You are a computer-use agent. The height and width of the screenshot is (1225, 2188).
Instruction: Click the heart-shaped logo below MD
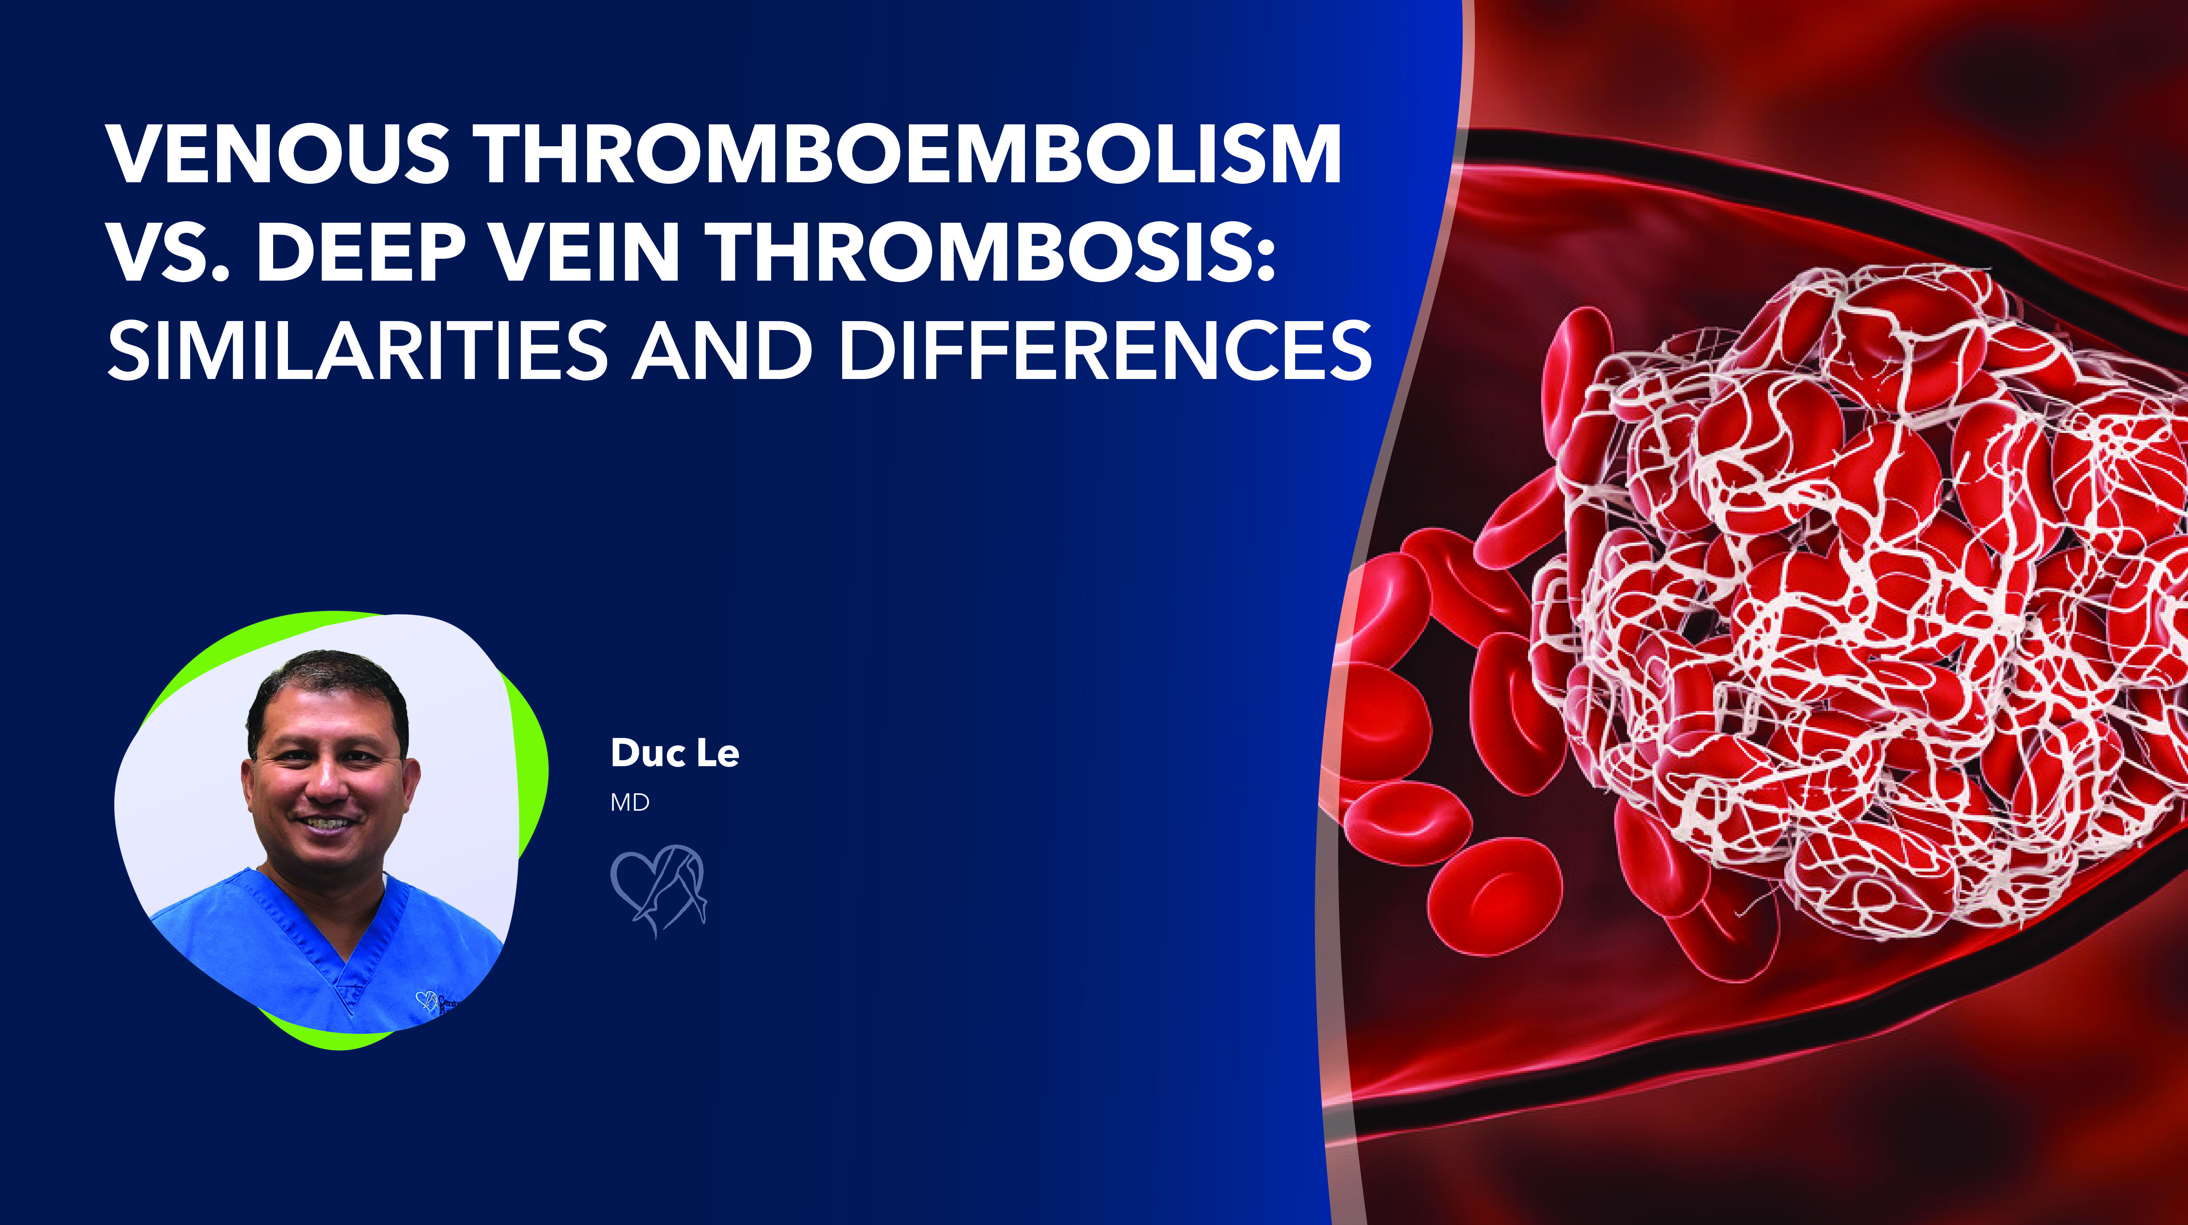pyautogui.click(x=658, y=890)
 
